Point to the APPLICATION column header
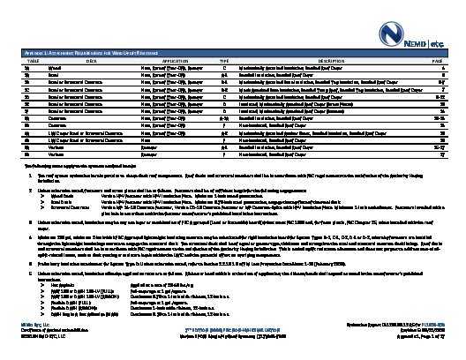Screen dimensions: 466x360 click(x=165, y=59)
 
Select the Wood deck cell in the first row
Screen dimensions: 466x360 click(x=55, y=67)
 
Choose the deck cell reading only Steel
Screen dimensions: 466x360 click(x=54, y=75)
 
